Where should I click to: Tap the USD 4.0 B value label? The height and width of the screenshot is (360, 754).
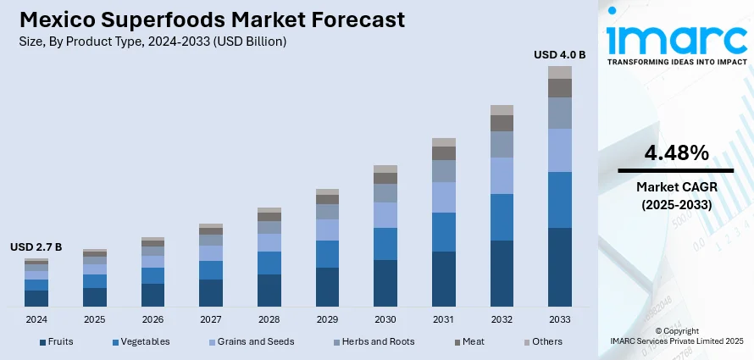point(559,55)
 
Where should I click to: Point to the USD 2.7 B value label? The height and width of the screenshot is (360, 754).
point(36,247)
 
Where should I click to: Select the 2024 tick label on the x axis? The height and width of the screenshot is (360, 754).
point(36,319)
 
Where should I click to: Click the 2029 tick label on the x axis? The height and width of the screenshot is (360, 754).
point(327,319)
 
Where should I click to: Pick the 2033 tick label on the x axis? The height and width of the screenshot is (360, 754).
point(560,319)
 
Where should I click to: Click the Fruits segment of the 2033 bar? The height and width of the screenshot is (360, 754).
point(560,267)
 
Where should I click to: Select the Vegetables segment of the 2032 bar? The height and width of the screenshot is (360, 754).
point(502,217)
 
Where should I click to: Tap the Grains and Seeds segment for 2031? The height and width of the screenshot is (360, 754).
point(444,197)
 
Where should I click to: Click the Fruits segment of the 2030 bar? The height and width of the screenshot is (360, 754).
point(385,283)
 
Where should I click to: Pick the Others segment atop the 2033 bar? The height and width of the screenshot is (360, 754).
point(560,72)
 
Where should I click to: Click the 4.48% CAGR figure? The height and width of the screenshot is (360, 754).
point(676,153)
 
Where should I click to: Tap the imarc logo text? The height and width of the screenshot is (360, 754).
point(675,38)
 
